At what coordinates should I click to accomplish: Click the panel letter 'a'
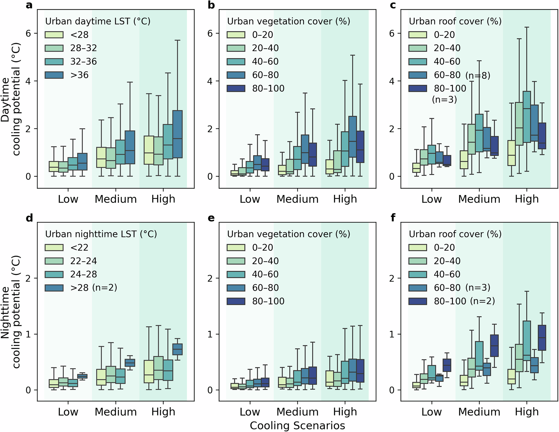(x=29, y=5)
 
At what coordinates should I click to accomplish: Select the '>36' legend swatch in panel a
(x=54, y=75)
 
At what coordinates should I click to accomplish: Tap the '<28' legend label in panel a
(x=79, y=35)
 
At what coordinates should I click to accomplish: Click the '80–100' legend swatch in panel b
(x=236, y=88)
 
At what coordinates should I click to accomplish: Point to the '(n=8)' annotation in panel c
(x=478, y=75)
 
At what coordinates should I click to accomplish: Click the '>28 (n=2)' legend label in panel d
(x=94, y=288)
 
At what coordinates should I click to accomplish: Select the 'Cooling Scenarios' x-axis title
(x=297, y=426)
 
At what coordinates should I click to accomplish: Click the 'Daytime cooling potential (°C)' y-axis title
(x=11, y=99)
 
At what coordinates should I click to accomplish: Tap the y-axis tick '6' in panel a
(x=28, y=34)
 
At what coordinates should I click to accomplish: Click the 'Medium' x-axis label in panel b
(x=297, y=199)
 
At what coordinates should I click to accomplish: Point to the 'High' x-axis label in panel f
(x=527, y=412)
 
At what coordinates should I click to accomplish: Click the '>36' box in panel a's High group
(x=177, y=134)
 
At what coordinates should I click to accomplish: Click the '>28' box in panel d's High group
(x=177, y=349)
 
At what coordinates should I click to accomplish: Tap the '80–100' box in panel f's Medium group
(x=494, y=346)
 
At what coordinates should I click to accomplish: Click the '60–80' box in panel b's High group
(x=352, y=137)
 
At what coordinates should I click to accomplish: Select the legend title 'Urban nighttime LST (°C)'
(x=101, y=234)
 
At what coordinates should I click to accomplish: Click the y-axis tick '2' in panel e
(x=210, y=278)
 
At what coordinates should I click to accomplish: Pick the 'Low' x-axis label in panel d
(x=68, y=412)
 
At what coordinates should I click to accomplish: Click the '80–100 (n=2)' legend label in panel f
(x=464, y=301)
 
